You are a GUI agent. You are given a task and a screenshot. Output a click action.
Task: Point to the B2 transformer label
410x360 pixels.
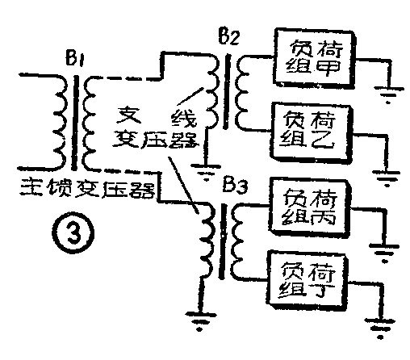pos(229,36)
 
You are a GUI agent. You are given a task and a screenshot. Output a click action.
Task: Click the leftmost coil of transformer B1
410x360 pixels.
pos(58,121)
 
